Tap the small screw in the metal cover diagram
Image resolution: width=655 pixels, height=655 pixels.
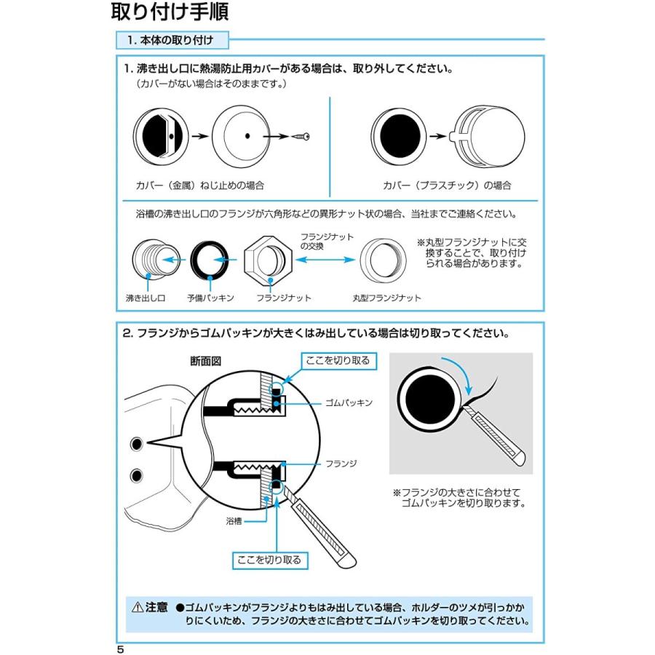pos(302,136)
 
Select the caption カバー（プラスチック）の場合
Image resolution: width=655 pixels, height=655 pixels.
pos(447,186)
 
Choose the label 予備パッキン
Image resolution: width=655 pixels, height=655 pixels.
pos(210,298)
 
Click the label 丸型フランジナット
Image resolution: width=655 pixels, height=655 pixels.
pos(386,298)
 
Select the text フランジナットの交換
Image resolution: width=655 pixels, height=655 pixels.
pos(327,242)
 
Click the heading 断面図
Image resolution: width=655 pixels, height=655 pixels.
pos(205,360)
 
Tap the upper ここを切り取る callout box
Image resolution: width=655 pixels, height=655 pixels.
pos(338,360)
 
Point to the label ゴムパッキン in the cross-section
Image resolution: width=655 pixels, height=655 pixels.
pos(350,402)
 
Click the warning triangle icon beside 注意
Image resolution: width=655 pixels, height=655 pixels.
pos(136,606)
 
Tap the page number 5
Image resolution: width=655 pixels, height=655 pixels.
pos(120,648)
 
